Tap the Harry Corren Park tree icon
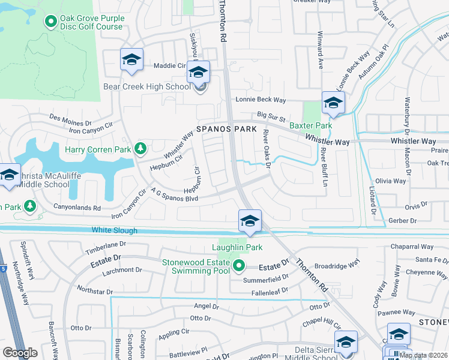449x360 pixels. click(140, 148)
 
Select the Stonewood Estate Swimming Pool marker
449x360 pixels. click(239, 265)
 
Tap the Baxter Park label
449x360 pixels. click(310, 126)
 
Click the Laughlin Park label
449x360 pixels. click(237, 247)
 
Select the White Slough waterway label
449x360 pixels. click(114, 230)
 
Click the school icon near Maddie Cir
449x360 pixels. click(131, 60)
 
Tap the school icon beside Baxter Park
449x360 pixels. click(333, 102)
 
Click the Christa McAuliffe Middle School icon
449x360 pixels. click(10, 175)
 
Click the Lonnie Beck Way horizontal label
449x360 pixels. click(260, 100)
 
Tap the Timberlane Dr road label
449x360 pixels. click(106, 245)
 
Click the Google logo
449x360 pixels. click(20, 353)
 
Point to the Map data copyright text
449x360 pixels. click(423, 355)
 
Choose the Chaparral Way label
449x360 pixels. click(412, 247)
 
